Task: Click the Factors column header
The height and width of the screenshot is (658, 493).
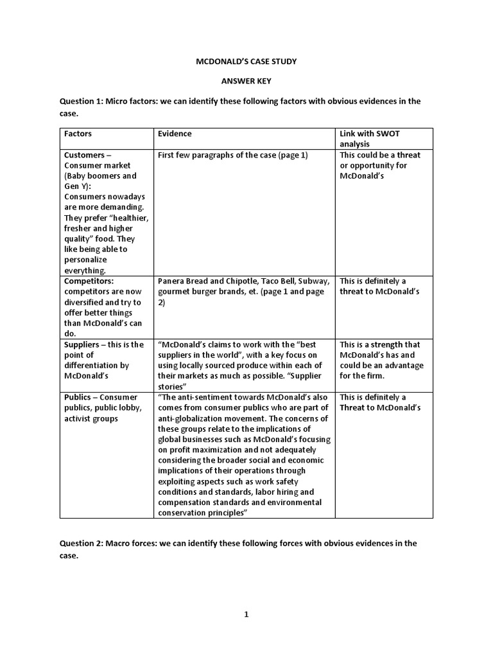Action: point(78,134)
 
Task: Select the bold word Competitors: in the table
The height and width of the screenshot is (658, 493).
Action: point(89,281)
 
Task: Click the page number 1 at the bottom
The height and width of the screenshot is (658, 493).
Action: point(246,614)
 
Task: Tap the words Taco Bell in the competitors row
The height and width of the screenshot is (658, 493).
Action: point(279,281)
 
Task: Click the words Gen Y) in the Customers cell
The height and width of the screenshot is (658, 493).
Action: point(76,186)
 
